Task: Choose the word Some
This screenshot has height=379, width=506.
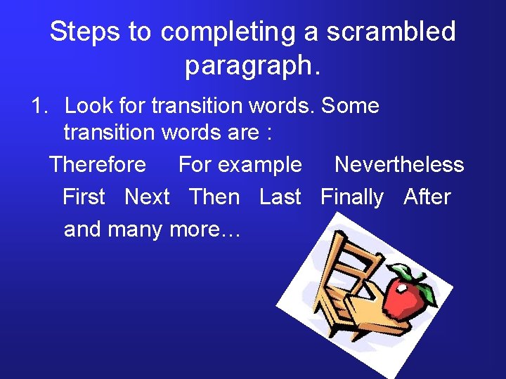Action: [352, 106]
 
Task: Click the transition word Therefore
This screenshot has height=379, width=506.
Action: [98, 165]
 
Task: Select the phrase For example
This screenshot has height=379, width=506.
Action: [240, 165]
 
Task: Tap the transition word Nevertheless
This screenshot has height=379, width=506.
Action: [399, 165]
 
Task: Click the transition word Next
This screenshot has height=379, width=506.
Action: [147, 197]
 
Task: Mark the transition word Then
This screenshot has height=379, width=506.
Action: [214, 197]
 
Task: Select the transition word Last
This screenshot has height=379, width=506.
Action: [280, 197]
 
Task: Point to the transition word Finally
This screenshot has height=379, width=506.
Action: [351, 197]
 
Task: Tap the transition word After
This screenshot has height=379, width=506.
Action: [427, 197]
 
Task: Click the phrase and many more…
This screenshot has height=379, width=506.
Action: [153, 230]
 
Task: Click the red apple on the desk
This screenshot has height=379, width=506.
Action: [406, 298]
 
